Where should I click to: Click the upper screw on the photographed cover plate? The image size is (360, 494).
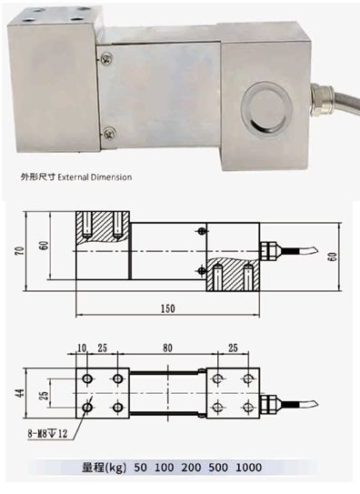(x=107, y=58)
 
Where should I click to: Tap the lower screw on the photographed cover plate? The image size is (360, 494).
(x=110, y=133)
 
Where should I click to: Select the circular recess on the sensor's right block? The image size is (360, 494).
(x=265, y=107)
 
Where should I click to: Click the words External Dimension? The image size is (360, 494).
(x=95, y=177)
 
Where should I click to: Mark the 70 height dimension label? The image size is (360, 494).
(x=20, y=251)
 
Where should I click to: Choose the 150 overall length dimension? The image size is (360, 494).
(x=167, y=308)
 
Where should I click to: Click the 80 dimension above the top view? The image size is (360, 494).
(x=167, y=348)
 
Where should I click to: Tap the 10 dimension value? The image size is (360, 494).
(x=82, y=348)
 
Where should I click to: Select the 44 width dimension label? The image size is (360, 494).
(x=20, y=392)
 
